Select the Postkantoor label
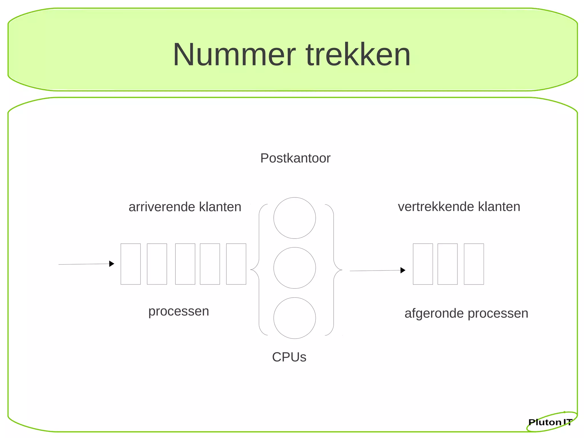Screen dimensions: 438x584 click(295, 158)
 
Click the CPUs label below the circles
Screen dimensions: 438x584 click(289, 357)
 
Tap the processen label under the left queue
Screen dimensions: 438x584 click(179, 311)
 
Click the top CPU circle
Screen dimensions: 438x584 click(295, 218)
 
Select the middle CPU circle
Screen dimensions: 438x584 click(295, 268)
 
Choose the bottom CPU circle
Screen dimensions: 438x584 click(295, 318)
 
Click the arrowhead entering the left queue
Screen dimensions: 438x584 click(112, 264)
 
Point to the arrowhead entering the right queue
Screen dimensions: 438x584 click(403, 270)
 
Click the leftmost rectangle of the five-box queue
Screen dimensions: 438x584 click(131, 264)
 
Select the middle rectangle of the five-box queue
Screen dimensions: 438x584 click(185, 264)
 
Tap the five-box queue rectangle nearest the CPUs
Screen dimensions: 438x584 click(236, 264)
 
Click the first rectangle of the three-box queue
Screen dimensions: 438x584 click(423, 264)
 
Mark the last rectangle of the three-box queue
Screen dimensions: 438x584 click(474, 264)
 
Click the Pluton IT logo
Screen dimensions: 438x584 click(550, 422)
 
